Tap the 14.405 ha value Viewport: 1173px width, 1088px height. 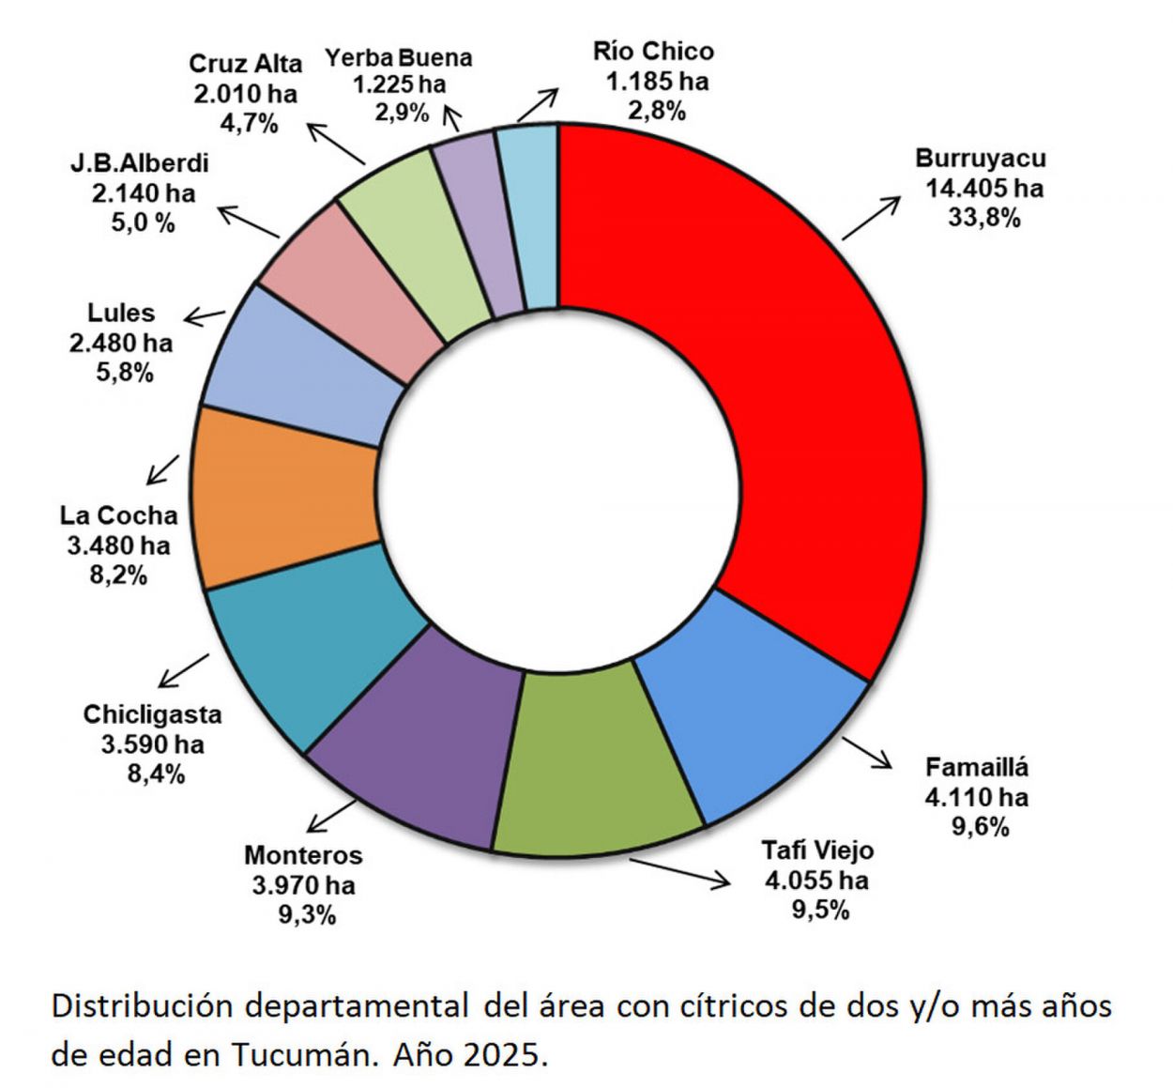tap(983, 189)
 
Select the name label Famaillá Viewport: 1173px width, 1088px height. tap(976, 767)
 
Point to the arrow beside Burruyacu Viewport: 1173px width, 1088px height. tap(870, 218)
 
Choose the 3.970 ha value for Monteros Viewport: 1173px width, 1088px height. tap(303, 884)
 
